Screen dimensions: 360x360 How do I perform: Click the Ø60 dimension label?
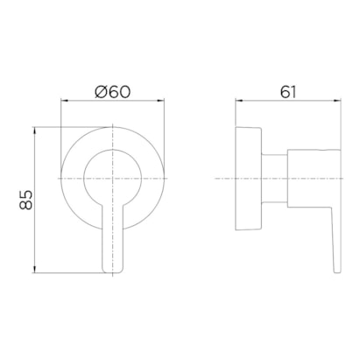112,92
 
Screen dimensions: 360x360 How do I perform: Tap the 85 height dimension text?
25,200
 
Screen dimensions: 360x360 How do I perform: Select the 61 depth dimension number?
288,92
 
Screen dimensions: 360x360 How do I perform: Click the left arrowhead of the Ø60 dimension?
64,101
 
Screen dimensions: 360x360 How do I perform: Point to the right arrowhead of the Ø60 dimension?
161,101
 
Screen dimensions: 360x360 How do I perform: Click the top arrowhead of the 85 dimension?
35,131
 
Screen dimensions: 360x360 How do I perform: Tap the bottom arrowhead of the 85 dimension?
35,270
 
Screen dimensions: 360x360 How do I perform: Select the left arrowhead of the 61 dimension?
239,101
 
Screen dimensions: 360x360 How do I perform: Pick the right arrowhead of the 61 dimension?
337,101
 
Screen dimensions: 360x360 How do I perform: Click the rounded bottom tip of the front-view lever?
112,272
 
